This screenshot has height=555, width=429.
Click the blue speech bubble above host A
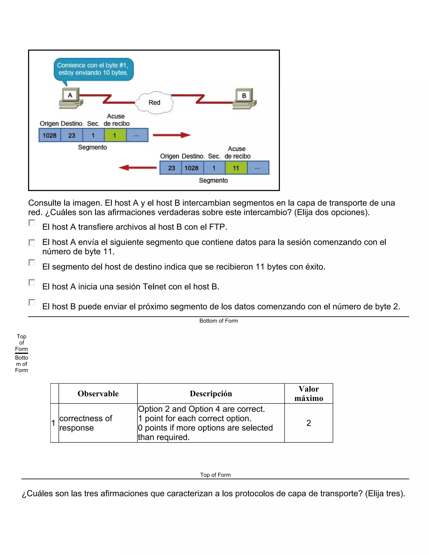pos(93,69)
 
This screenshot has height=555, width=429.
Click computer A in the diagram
pos(71,98)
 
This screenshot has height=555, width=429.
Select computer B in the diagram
pos(244,99)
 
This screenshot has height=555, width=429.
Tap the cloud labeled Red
pos(154,102)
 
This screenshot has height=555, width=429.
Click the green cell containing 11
pos(236,168)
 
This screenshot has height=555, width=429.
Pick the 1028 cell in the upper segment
pos(50,135)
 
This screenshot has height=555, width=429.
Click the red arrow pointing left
pos(137,168)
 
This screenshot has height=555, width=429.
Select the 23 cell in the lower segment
pos(171,168)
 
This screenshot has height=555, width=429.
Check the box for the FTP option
pos(32,223)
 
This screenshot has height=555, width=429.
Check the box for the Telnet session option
pos(32,283)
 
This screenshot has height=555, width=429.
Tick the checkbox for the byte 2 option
pos(32,302)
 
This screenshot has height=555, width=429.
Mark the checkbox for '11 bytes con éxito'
pos(32,262)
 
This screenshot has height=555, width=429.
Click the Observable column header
pos(98,394)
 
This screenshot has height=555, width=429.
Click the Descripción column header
pos(211,394)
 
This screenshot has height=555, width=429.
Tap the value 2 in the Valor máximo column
pos(309,423)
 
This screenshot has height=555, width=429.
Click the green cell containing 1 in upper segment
pos(115,135)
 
